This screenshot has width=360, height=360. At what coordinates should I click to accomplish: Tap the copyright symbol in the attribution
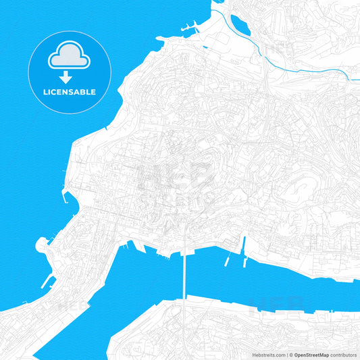click(x=290, y=355)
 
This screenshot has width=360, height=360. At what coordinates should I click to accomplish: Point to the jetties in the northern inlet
click(x=190, y=29)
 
